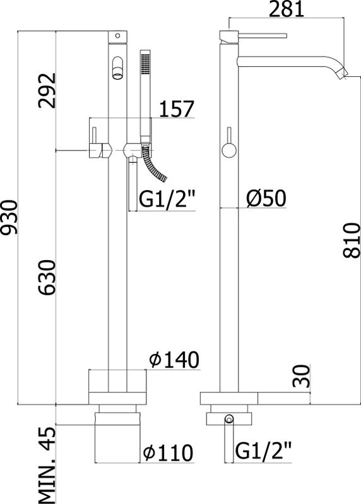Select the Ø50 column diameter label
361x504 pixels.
point(265,198)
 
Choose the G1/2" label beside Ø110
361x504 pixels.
point(265,451)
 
